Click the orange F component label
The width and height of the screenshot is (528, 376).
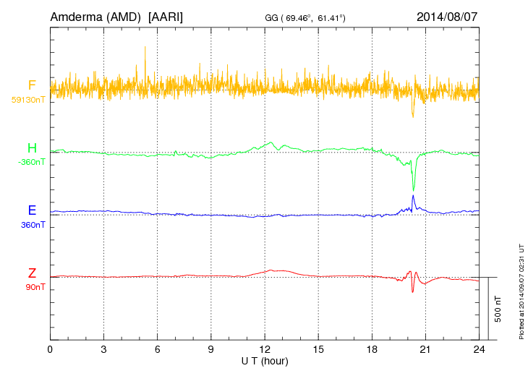click(32, 85)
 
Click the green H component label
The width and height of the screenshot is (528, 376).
click(32, 148)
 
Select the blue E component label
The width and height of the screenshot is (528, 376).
click(32, 210)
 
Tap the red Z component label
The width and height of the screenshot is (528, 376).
click(32, 273)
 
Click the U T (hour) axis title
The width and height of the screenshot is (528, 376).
click(265, 360)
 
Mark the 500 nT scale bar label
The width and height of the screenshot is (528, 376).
click(498, 309)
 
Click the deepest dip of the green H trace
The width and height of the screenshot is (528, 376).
click(413, 189)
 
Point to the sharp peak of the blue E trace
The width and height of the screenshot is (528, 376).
click(413, 195)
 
